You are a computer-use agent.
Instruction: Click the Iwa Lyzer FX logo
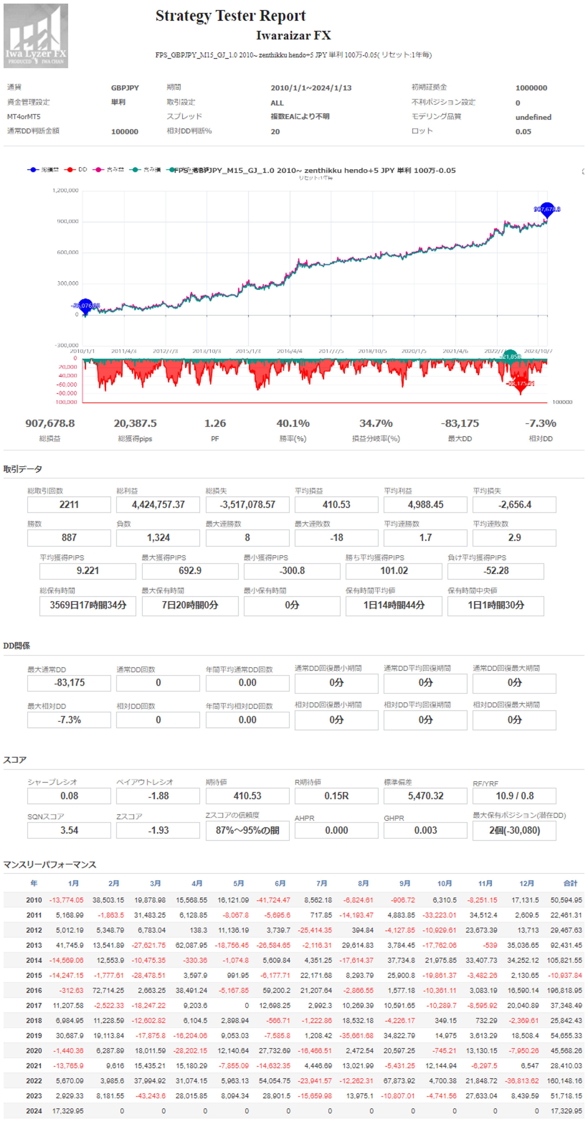click(x=36, y=36)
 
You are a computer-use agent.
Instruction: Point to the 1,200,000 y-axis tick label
click(x=65, y=190)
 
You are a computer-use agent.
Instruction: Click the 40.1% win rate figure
click(x=293, y=423)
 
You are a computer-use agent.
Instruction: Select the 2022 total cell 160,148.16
click(x=566, y=1081)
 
